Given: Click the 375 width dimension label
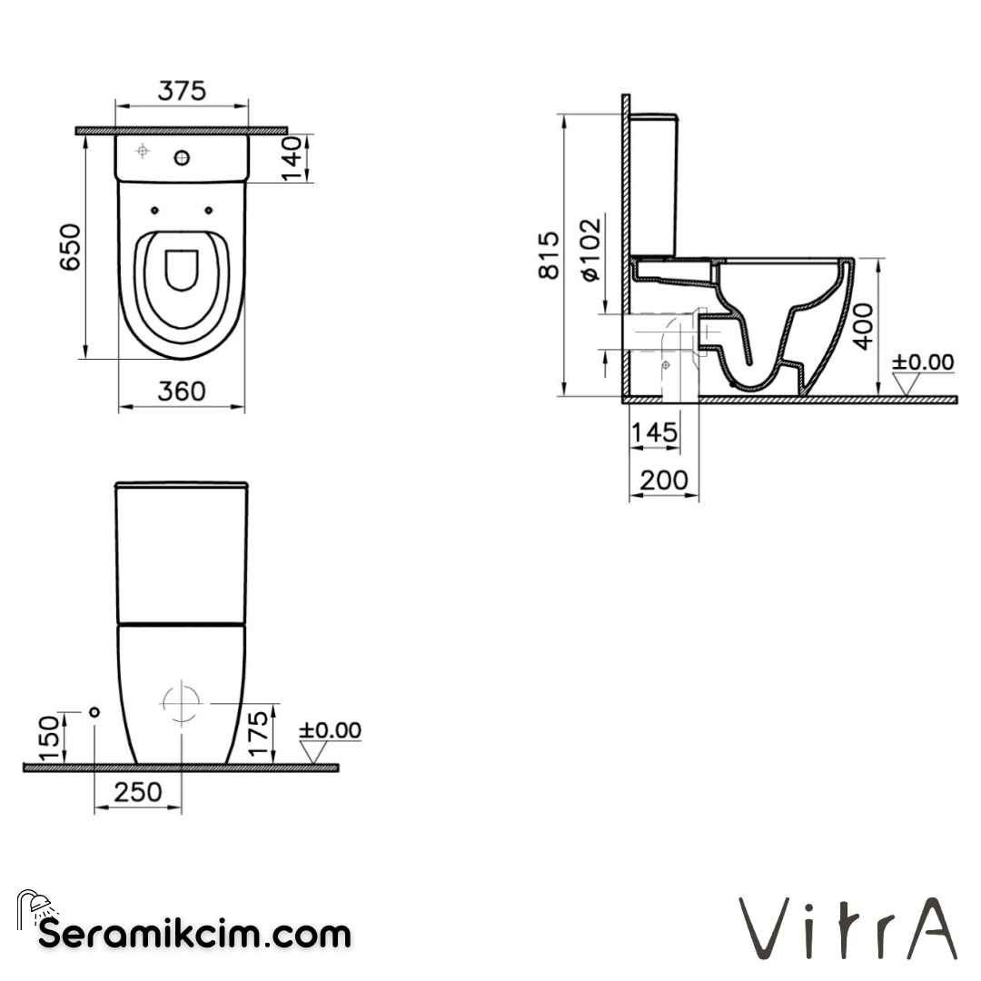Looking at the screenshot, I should [x=183, y=91].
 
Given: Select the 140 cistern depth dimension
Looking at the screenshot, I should [x=292, y=159].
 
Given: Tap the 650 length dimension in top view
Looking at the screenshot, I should [x=71, y=247].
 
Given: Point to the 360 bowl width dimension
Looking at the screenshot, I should [x=182, y=391].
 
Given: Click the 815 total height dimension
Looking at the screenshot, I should [x=550, y=255].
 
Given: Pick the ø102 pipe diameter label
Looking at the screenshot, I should [x=590, y=250].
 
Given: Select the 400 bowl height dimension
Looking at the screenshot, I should [x=864, y=325].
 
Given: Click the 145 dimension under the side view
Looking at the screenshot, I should [x=654, y=432].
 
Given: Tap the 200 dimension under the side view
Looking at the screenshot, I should [x=664, y=480].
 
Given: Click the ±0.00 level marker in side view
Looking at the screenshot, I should [x=922, y=363].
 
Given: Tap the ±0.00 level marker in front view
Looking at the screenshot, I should [x=331, y=731].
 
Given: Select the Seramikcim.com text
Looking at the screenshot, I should [x=194, y=933].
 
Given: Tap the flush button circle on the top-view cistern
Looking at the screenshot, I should [x=182, y=159].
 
